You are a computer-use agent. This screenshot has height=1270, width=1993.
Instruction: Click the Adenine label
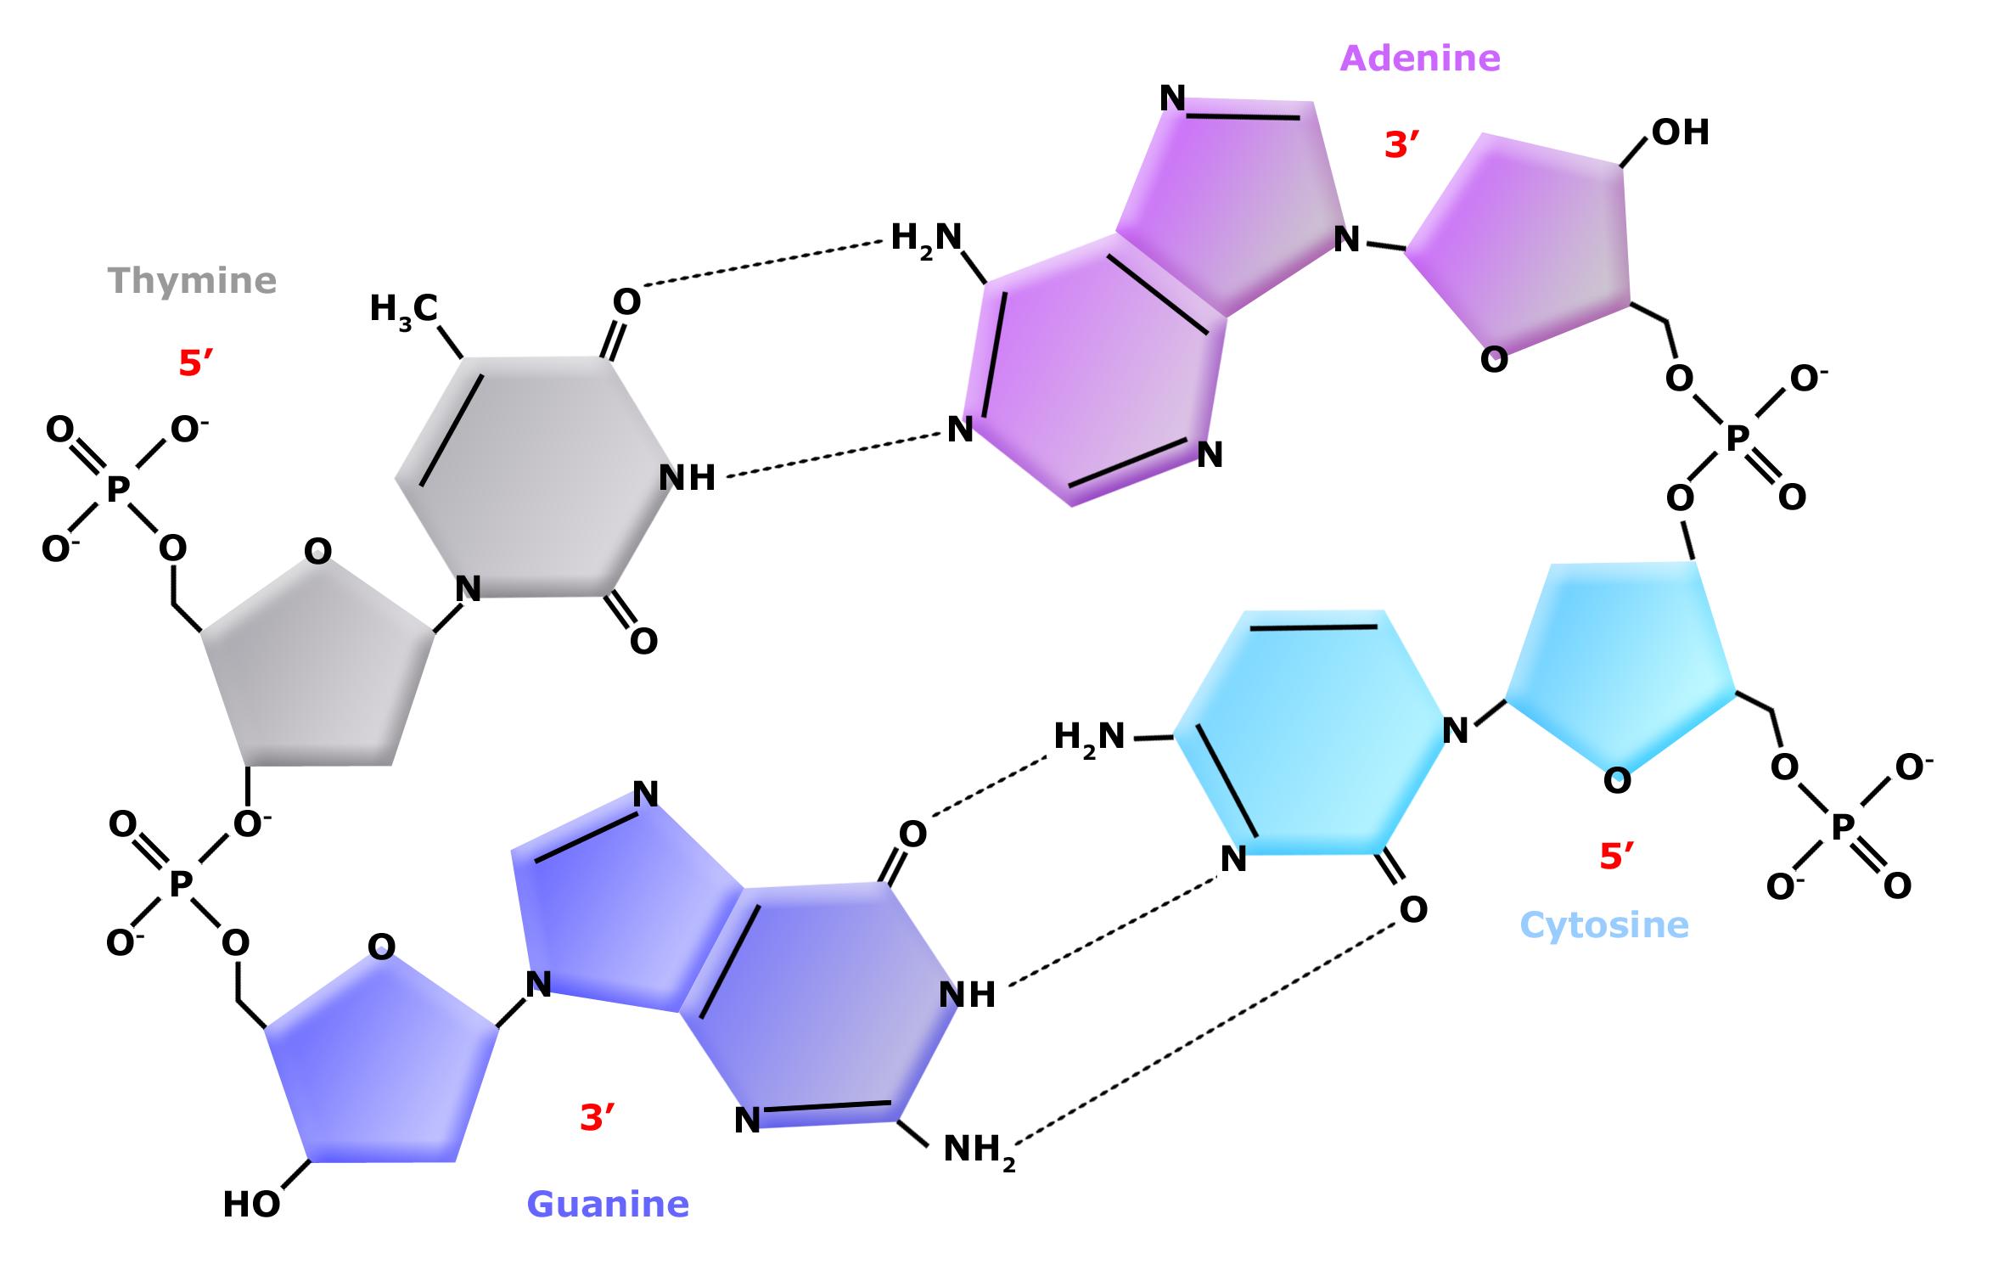(x=1420, y=59)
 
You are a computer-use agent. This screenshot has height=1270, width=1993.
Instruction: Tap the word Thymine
(x=192, y=281)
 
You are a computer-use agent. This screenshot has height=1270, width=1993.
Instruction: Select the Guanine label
(x=608, y=1205)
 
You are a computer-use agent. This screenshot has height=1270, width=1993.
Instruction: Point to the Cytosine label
(x=1603, y=925)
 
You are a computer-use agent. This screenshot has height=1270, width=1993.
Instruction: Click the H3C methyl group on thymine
(x=404, y=310)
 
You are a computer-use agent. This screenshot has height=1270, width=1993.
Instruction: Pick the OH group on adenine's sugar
(x=1680, y=132)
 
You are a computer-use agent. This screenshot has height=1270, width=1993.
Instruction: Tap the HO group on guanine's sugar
(x=251, y=1205)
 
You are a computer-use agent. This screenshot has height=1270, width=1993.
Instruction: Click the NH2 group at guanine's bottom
(x=979, y=1150)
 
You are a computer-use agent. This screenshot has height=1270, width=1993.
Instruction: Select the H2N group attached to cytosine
(x=1089, y=737)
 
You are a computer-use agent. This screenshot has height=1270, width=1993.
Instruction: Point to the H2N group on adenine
(x=926, y=239)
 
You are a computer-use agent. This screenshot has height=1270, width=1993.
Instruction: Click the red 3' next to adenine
(x=1401, y=145)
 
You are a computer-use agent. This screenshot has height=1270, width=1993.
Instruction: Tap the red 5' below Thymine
(x=195, y=363)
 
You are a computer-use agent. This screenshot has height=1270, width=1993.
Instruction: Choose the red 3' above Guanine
(x=597, y=1118)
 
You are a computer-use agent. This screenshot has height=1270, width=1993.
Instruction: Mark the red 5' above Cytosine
(x=1616, y=857)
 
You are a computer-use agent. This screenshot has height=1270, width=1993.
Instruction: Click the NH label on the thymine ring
(x=687, y=478)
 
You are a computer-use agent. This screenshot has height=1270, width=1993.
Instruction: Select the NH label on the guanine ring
(x=967, y=995)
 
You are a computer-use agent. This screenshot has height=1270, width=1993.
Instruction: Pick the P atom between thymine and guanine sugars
(x=180, y=884)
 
